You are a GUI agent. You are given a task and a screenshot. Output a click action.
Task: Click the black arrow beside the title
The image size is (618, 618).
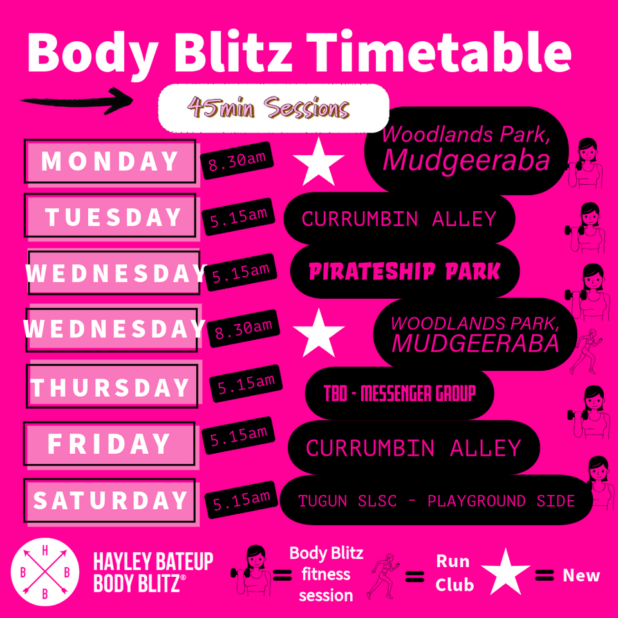pos(77,101)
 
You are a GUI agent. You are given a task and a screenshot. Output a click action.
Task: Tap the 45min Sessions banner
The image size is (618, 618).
pos(274,108)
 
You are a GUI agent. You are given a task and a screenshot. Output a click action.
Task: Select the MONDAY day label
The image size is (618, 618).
pos(110,161)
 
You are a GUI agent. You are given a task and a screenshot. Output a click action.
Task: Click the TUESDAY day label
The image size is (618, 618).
pos(110,216)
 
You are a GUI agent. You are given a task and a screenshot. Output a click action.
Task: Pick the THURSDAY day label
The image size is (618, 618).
pos(112,386)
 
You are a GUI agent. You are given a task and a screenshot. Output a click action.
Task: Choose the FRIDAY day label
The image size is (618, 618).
pos(109,444)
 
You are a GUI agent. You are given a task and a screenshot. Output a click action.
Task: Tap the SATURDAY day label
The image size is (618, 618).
pos(109,501)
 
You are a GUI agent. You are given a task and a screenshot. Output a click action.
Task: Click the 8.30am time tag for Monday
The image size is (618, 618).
pos(237,160)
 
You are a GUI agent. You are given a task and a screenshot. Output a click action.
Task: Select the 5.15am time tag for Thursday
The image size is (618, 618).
pos(246,384)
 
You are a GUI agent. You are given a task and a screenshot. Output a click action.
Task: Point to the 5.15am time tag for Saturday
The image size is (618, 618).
pos(241,500)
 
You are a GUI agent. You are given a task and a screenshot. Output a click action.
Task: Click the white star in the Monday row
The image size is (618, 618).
pos(319,162)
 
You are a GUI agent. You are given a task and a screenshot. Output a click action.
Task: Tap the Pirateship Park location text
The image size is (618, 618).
pos(404,272)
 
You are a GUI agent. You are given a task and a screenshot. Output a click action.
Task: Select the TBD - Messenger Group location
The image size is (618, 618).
pos(400,393)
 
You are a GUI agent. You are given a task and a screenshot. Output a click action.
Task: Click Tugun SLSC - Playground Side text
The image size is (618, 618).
pos(436,501)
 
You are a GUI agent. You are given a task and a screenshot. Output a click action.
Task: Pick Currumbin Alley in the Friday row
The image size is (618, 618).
pos(413,448)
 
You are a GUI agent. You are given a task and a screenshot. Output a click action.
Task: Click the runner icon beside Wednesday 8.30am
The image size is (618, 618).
pos(586,351)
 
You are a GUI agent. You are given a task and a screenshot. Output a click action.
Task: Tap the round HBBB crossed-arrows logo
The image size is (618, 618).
pos(45,572)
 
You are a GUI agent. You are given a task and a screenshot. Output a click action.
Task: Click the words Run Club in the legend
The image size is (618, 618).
pos(454,573)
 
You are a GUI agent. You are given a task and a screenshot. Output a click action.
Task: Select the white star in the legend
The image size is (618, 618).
pos(505,572)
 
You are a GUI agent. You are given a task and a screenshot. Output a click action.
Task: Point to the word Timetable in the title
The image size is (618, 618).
pos(438,52)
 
